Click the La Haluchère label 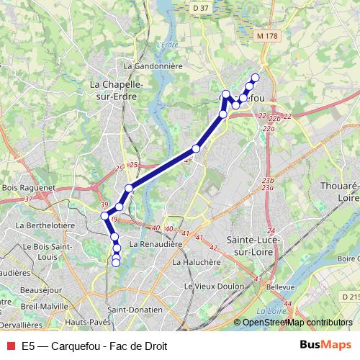[196, 263]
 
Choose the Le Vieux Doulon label [210, 287]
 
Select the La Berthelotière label [45, 225]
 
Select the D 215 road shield [351, 297]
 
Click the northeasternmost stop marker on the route [255, 78]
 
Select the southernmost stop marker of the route [116, 263]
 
